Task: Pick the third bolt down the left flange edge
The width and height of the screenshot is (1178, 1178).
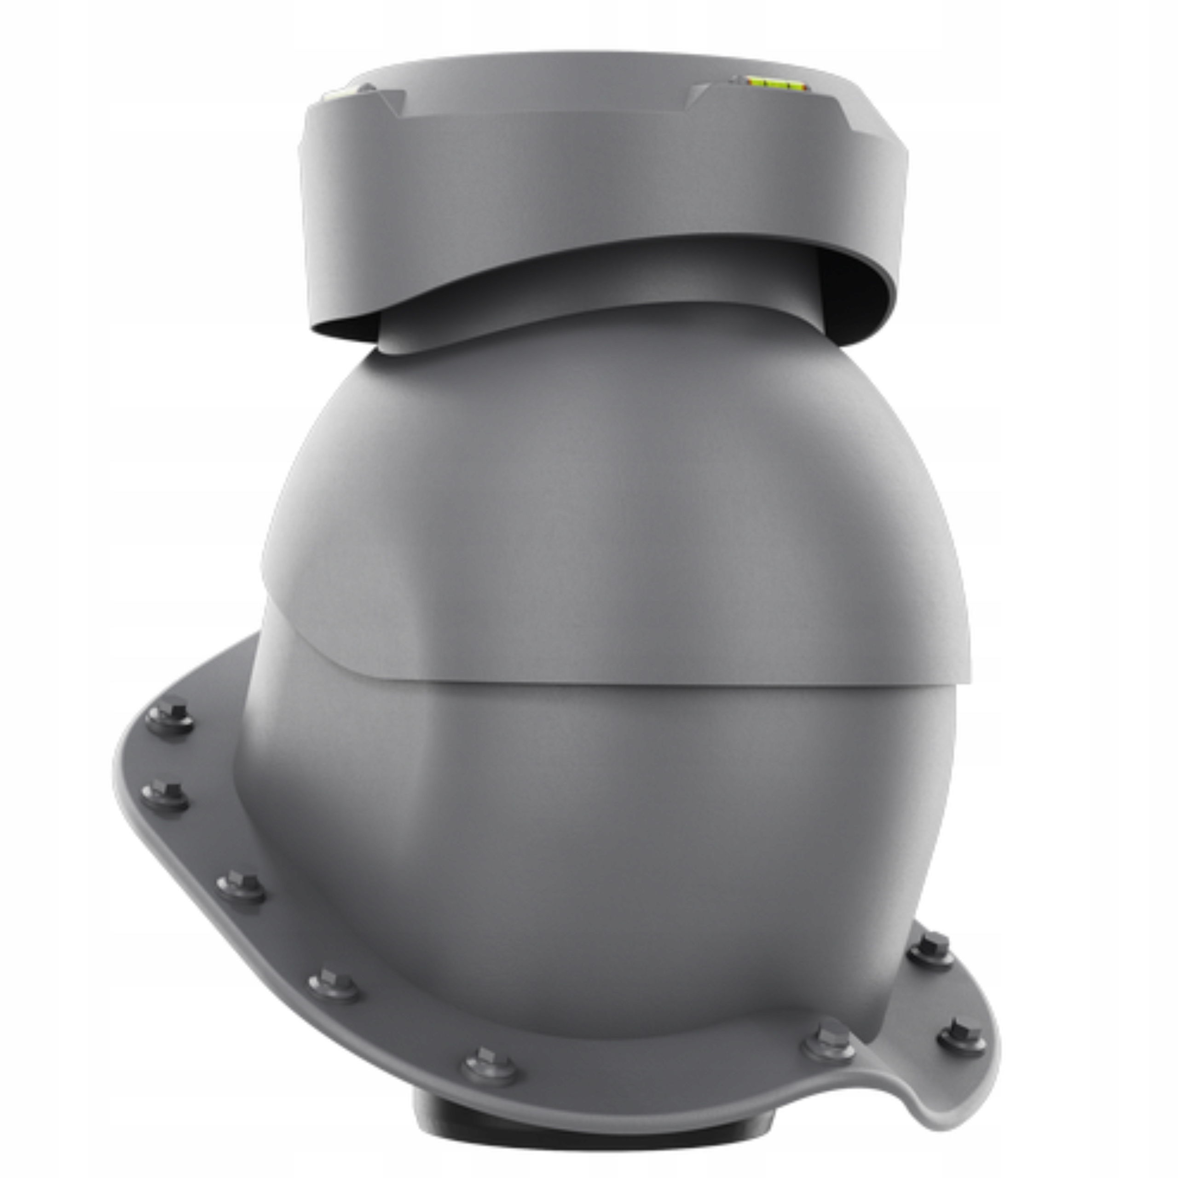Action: [x=241, y=885]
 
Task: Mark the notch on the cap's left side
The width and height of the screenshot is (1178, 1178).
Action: [x=390, y=104]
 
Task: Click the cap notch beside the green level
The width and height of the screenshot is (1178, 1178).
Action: [x=701, y=94]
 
